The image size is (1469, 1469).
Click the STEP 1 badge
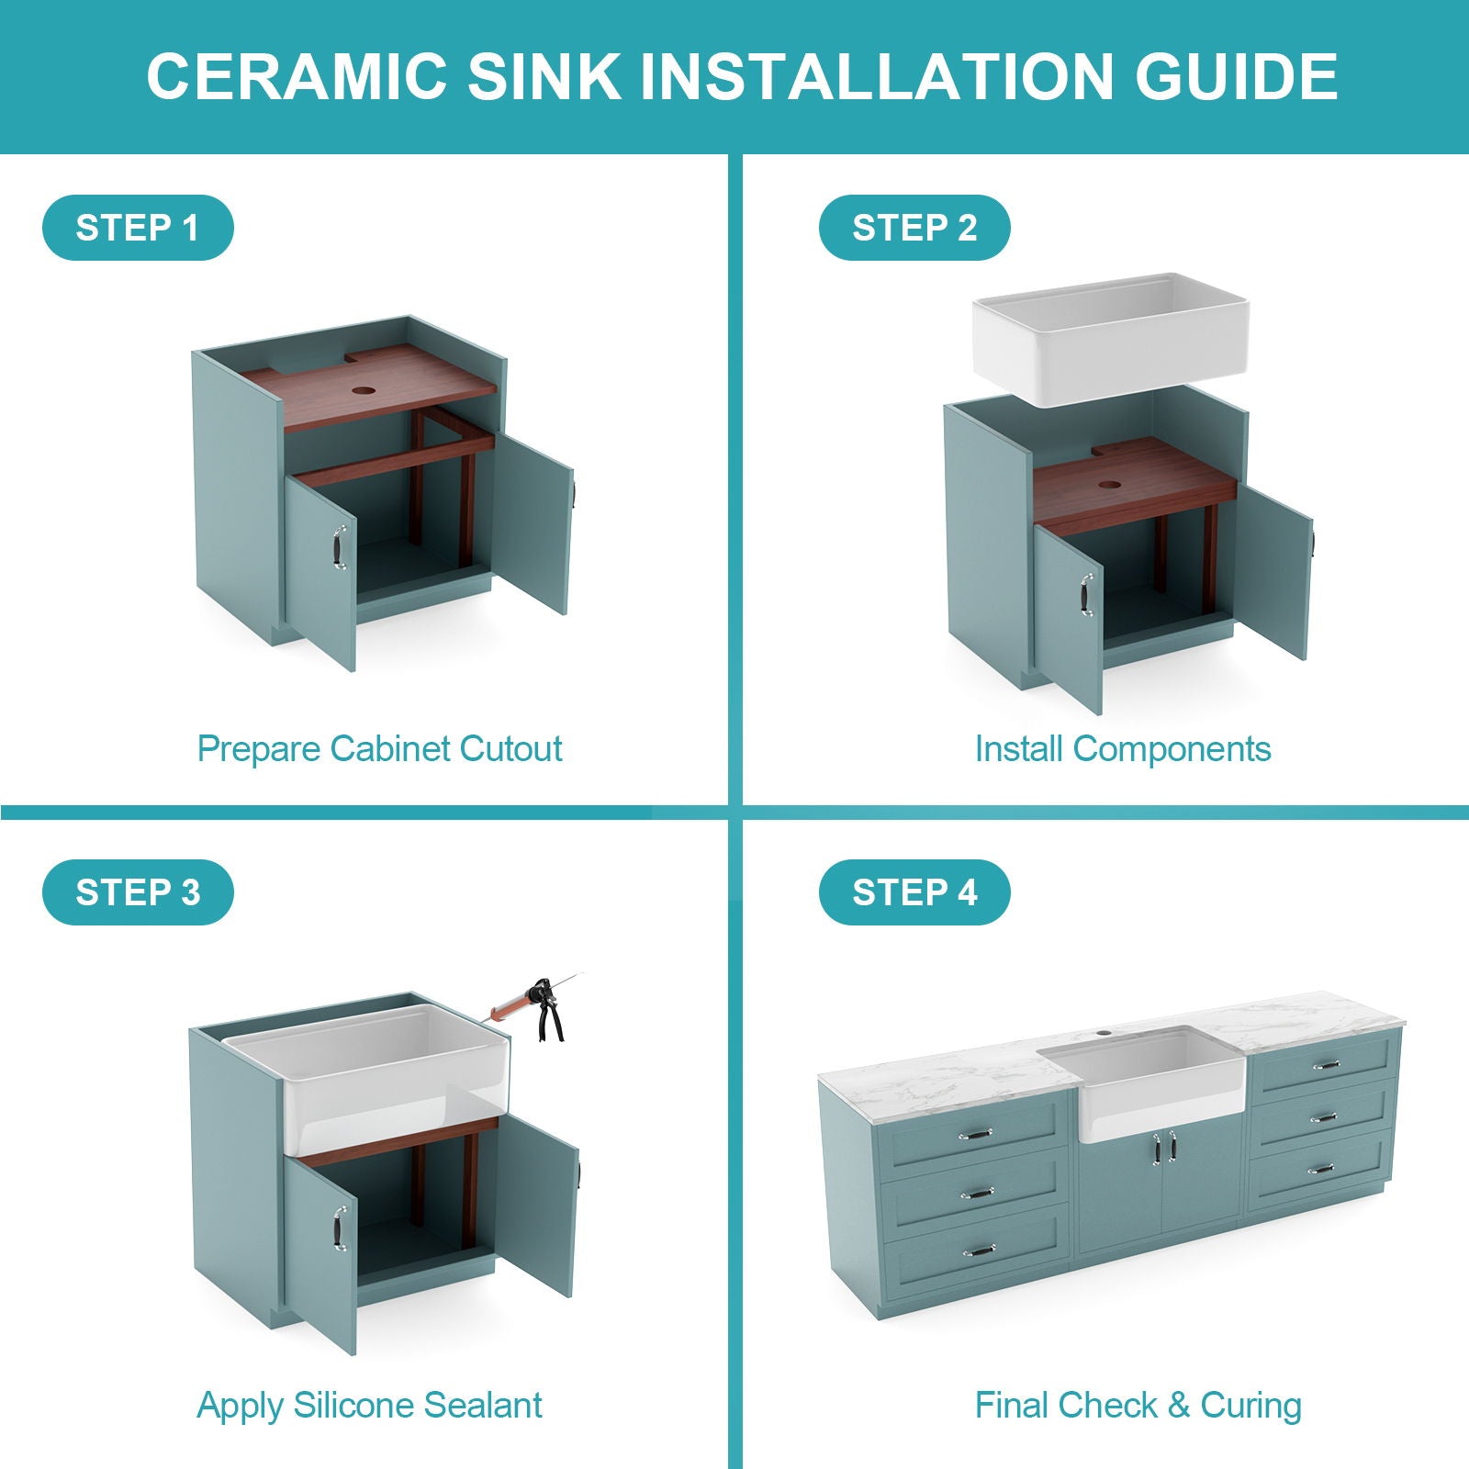point(138,228)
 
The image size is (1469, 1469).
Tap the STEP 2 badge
point(914,228)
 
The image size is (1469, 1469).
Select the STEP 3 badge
point(138,892)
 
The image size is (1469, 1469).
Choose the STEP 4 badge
point(914,892)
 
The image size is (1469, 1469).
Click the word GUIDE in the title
point(1236,76)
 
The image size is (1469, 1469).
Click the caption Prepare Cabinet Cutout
point(379,749)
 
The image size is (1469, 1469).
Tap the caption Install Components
point(1122,749)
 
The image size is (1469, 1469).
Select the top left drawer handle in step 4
point(975,1135)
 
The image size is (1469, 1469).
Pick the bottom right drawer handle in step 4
point(1320,1170)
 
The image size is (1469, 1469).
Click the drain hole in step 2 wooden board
point(1109,484)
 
